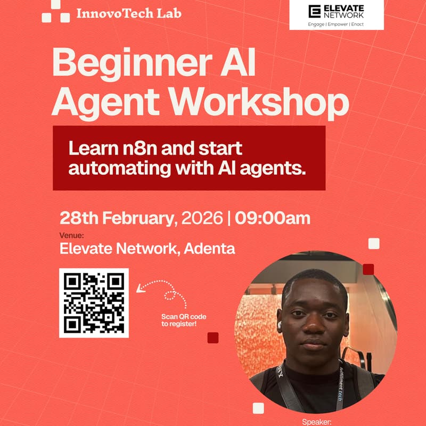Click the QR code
coord(94,303)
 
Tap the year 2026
coord(201,218)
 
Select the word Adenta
coord(209,249)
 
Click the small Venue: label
coord(71,235)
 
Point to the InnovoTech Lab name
coord(128,12)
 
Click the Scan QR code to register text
coord(184,320)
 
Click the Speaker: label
coord(317,422)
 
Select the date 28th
coord(78,218)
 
